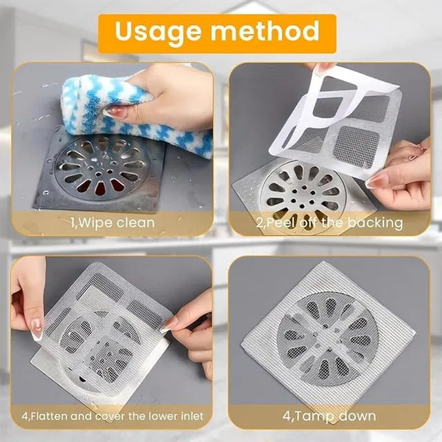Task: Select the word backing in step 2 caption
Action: [x=377, y=222]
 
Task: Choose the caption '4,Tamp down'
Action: [x=329, y=416]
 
